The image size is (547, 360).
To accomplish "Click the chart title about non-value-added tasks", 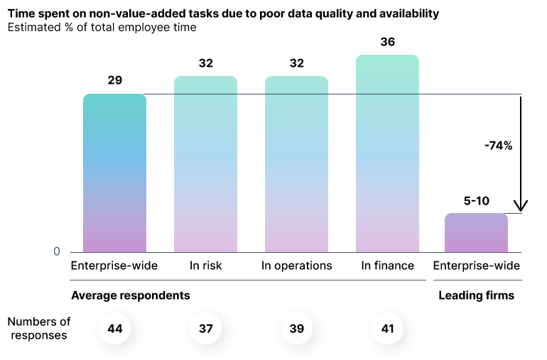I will (223, 13).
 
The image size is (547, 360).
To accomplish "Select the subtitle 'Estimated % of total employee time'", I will (102, 28).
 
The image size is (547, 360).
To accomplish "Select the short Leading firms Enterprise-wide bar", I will (476, 233).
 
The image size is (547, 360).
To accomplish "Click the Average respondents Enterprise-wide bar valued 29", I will (114, 173).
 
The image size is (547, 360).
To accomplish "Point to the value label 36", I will (387, 42).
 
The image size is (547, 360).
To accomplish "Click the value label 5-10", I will (476, 201).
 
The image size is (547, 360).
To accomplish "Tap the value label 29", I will (114, 80).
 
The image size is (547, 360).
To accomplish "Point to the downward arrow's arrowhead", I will (521, 207).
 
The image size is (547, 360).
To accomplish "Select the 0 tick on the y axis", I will (56, 252).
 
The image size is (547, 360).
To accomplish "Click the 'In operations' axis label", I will (296, 266).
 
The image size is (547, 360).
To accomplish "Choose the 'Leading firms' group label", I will (476, 295).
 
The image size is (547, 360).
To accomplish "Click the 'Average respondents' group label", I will (130, 295).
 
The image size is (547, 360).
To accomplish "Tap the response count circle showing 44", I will (114, 329).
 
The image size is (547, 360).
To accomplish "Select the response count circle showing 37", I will (205, 329).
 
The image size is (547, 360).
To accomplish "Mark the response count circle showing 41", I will (387, 329).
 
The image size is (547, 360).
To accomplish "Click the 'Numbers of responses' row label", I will (40, 329).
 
